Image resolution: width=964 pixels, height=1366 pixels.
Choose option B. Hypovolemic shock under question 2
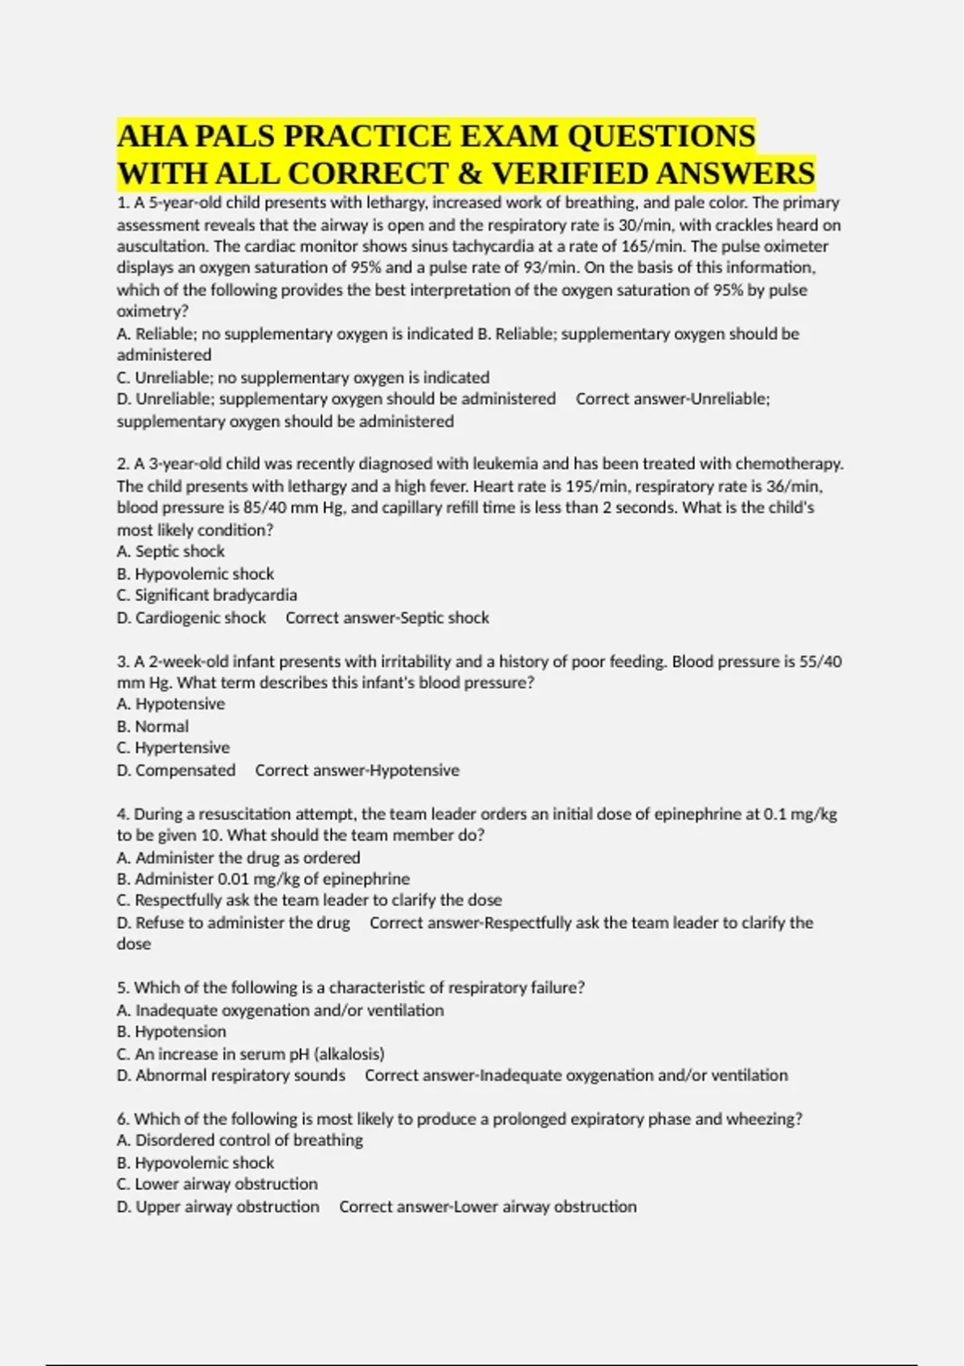point(195,574)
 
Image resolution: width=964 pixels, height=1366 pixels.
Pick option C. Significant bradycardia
point(206,595)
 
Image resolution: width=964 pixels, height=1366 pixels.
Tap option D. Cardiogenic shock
point(191,618)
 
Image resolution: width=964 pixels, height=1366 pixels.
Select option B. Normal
point(153,726)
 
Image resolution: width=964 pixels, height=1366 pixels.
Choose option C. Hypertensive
point(173,748)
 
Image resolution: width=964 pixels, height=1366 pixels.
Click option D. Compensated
point(176,771)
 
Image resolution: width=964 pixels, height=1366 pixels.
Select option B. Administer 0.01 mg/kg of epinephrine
point(263,879)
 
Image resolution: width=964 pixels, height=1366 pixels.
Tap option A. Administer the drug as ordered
point(238,857)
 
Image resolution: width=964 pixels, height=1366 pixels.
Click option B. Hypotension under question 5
point(171,1032)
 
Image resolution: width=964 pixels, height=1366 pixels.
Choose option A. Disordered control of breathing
point(239,1140)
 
